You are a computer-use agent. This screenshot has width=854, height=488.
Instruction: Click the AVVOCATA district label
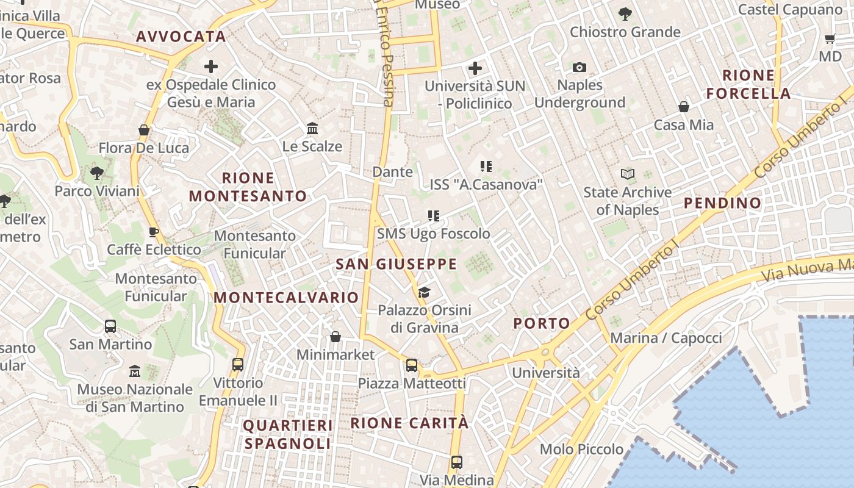[x=181, y=37]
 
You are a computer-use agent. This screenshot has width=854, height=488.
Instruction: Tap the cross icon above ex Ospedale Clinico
[x=211, y=66]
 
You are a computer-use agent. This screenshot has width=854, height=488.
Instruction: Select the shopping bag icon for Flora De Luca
[x=144, y=130]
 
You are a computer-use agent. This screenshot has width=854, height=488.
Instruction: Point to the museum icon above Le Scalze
[x=313, y=128]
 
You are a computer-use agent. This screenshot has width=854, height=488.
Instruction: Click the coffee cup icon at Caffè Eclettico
[x=154, y=232]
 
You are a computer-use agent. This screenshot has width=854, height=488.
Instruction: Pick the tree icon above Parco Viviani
[x=96, y=173]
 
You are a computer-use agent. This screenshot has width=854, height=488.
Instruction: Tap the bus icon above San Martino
[x=110, y=326]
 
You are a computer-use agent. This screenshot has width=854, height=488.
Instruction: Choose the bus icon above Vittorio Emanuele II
[x=238, y=365]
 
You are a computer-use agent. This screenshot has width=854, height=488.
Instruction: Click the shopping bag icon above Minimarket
[x=335, y=337]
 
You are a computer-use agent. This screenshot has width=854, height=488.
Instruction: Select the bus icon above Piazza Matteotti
[x=412, y=365]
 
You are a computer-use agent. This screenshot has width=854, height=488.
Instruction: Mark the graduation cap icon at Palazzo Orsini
[x=424, y=293]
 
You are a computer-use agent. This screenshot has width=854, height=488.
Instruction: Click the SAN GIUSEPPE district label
[x=396, y=264]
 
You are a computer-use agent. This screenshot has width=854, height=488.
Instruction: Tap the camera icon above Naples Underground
[x=579, y=67]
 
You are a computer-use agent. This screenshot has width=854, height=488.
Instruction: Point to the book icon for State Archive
[x=628, y=174]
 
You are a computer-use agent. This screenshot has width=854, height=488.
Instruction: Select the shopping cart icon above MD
[x=830, y=39]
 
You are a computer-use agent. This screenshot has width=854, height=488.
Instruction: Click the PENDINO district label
[x=722, y=203]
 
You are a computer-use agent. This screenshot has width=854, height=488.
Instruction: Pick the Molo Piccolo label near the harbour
[x=581, y=450]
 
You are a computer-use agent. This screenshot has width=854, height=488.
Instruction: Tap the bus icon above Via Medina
[x=456, y=462]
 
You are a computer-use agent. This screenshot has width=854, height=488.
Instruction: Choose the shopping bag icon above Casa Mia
[x=684, y=107]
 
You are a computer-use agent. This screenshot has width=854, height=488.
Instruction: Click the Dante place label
[x=392, y=172]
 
